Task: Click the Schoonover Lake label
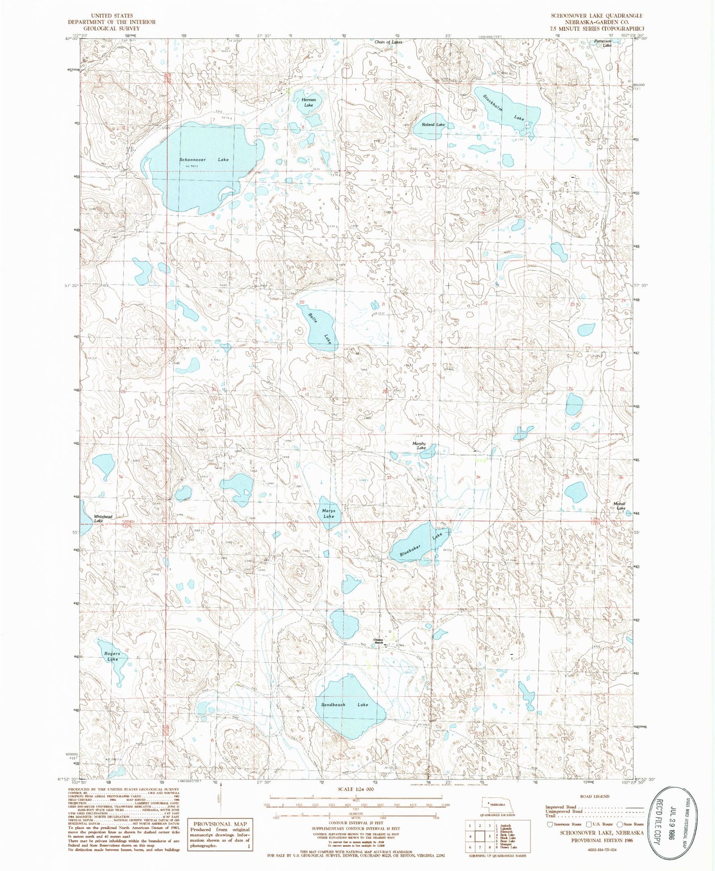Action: pos(204,160)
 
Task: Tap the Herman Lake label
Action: pos(309,102)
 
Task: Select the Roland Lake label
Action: pos(433,125)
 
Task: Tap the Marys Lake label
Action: pos(329,514)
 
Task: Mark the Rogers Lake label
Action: pos(112,656)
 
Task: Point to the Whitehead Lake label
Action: pos(102,519)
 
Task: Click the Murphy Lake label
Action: pos(419,446)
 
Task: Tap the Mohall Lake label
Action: pos(620,506)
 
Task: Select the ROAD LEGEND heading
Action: pos(593,796)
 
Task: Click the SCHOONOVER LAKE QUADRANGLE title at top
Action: pos(597,16)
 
